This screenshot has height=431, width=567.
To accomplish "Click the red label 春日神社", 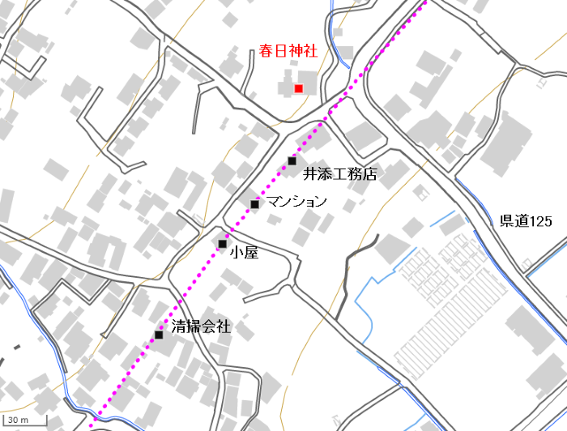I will tap(288, 52).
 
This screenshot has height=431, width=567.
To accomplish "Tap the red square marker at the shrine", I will tap(299, 88).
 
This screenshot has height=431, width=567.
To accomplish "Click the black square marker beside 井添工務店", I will tap(292, 161).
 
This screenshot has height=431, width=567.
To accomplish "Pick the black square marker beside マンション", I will tap(255, 204).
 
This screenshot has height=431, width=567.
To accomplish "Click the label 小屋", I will tap(244, 253).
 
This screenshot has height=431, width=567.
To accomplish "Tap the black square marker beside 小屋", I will tap(222, 244).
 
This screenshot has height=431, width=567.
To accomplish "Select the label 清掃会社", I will tap(201, 327).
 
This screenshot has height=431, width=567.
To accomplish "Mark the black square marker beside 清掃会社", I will tap(159, 335).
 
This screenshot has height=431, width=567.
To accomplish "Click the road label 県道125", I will tap(526, 221).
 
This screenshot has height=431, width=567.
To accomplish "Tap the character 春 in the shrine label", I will tap(266, 52).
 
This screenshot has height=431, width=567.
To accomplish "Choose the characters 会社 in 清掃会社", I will tap(215, 327).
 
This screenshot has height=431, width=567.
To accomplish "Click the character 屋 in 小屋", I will tap(251, 253).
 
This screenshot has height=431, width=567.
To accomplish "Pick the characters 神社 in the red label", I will tap(302, 52).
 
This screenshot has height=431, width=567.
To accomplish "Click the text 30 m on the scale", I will tap(19, 420).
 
